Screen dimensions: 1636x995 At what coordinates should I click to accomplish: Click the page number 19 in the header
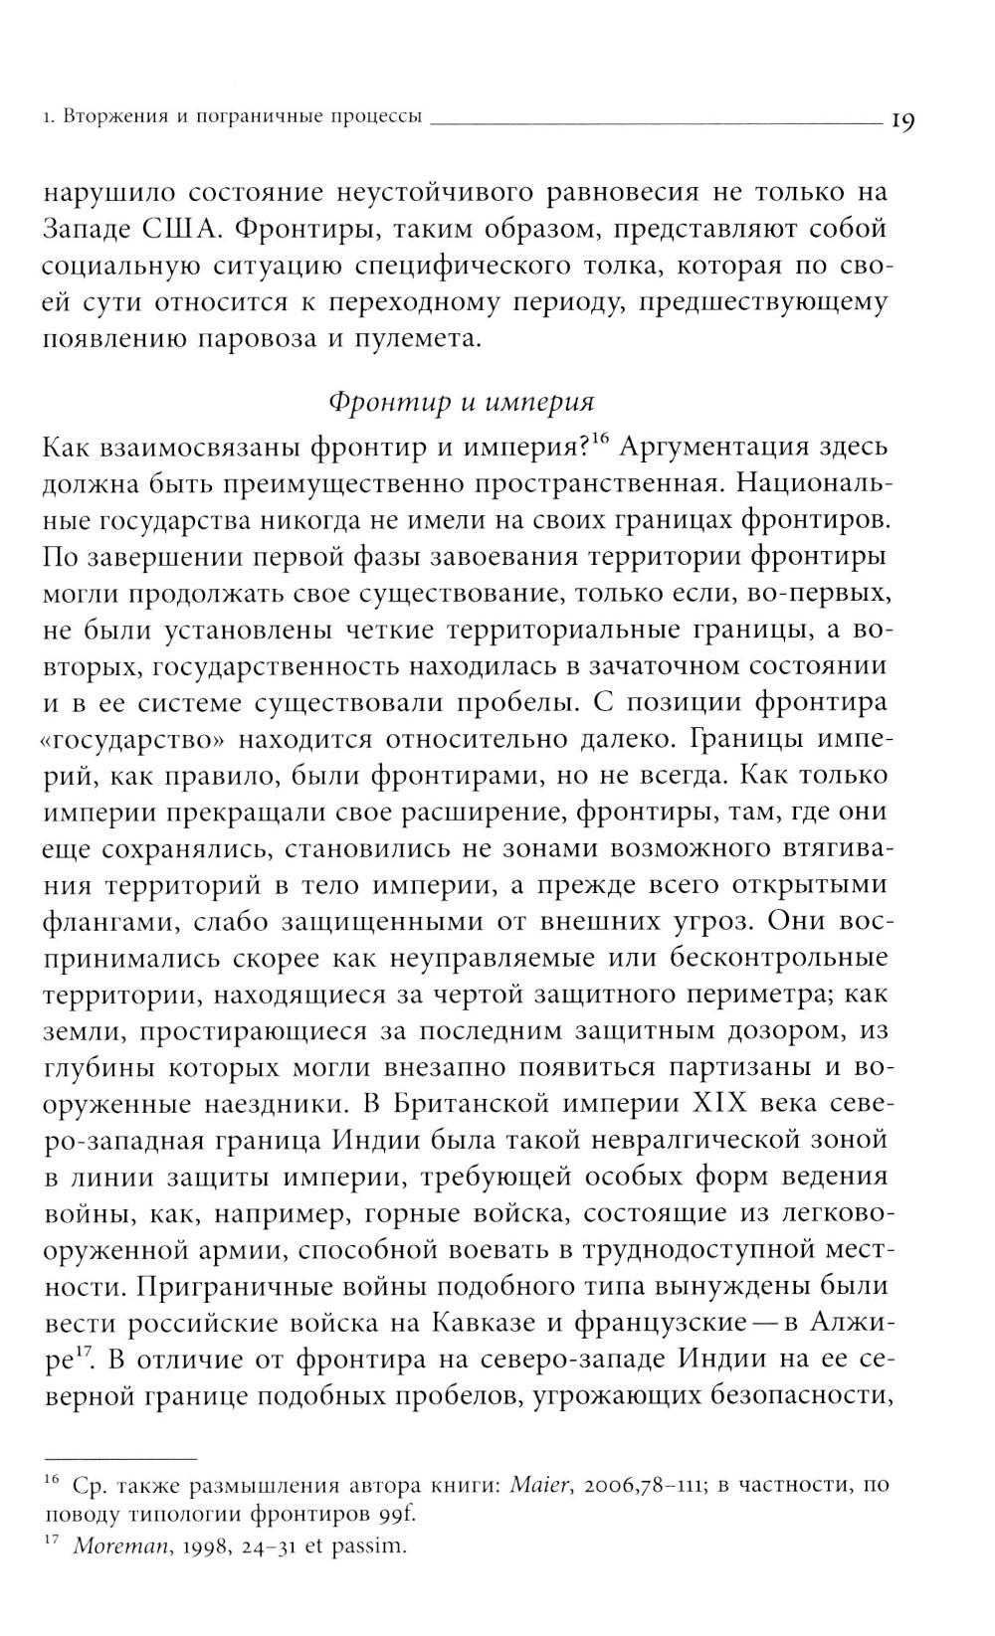(x=902, y=120)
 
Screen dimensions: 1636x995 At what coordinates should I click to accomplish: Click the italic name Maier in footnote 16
(x=538, y=1486)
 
